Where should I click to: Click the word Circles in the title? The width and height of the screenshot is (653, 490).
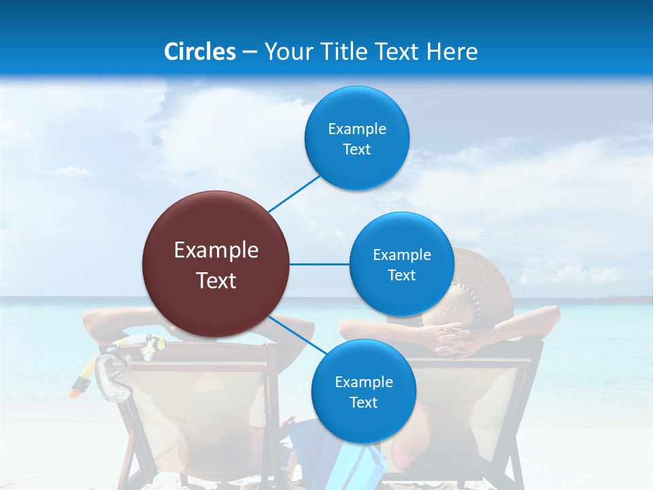point(199,52)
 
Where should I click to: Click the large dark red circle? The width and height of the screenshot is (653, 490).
point(216,264)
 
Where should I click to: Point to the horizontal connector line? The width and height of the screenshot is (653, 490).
point(320,264)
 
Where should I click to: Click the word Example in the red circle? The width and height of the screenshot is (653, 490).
point(216,250)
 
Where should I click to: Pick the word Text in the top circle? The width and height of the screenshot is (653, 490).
point(356,150)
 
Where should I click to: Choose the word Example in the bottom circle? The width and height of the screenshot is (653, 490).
point(363,382)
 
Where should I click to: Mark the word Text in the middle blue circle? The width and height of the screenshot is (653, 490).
point(401,276)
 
